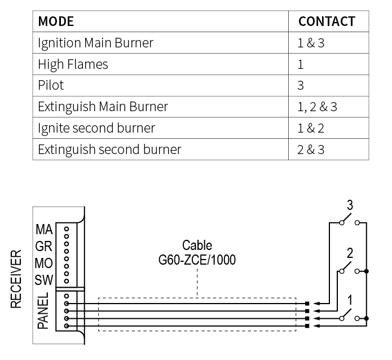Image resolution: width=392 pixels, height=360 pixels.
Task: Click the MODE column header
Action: click(56, 21)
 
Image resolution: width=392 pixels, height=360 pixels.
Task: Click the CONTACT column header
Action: click(327, 21)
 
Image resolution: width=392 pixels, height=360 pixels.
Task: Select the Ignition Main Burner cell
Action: click(95, 42)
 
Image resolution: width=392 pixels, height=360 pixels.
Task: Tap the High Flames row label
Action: click(73, 64)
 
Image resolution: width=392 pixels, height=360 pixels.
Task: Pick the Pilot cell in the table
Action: click(51, 85)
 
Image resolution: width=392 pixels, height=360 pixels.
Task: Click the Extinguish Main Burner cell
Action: click(103, 107)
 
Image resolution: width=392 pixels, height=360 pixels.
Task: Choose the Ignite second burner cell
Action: click(96, 128)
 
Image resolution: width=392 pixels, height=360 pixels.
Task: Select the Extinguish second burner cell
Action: click(109, 150)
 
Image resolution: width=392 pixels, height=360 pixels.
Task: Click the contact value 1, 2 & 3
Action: click(318, 107)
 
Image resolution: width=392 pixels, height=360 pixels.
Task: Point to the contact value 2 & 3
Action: click(311, 150)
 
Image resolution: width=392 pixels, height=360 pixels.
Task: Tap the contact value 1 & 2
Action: click(311, 128)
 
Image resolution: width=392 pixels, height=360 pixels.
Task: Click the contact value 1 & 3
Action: click(311, 42)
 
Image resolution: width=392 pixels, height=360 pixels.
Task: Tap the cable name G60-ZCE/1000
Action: click(197, 260)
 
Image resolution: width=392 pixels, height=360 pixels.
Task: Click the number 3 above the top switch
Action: click(350, 205)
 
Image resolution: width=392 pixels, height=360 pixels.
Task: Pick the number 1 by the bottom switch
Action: click(350, 300)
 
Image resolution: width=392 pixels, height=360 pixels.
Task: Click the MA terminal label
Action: click(44, 230)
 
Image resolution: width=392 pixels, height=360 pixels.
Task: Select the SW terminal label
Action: click(44, 279)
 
